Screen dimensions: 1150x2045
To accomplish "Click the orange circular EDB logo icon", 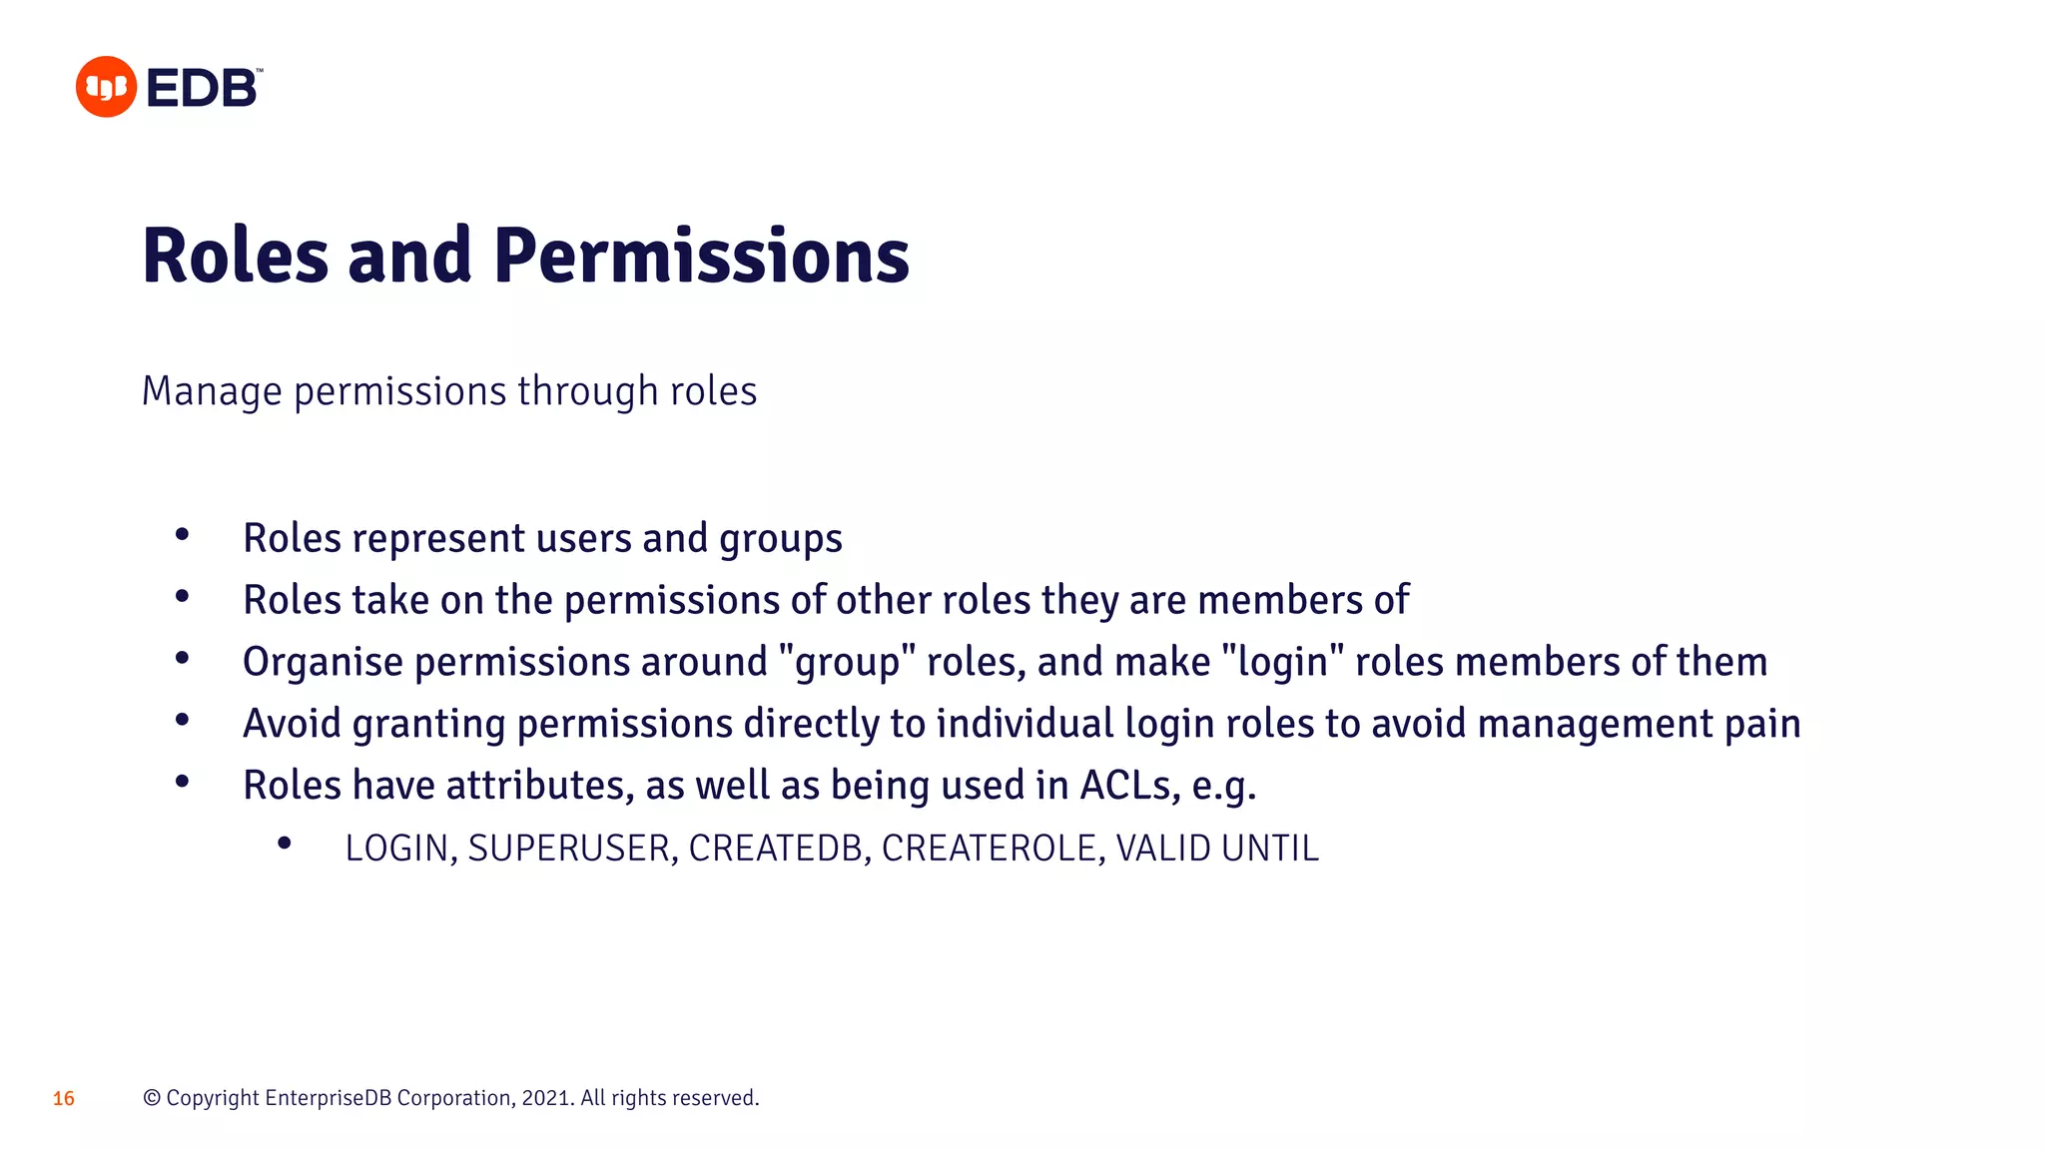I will coord(106,87).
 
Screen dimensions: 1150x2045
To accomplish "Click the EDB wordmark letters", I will coord(203,89).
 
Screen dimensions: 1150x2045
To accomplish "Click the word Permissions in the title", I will coord(701,257).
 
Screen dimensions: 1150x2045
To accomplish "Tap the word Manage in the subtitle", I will coord(212,391).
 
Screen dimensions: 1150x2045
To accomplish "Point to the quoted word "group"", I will coord(847,663).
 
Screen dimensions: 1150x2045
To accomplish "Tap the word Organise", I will coord(323,663).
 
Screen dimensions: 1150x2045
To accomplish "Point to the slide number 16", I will coord(64,1099).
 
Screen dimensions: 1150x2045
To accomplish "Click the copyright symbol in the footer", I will coord(152,1098).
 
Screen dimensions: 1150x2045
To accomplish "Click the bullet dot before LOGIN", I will coord(285,845).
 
